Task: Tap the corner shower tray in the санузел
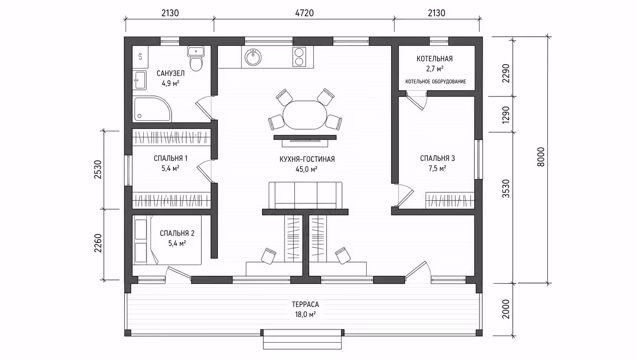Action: coord(153,109)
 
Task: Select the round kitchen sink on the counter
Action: coord(253,57)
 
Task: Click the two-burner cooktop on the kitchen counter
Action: coord(299,57)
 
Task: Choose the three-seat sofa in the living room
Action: coord(305,195)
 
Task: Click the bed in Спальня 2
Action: coord(167,240)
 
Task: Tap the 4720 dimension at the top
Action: coord(304,13)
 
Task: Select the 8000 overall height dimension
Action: coord(541,157)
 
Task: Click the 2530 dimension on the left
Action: coord(98,169)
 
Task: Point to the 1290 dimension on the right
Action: coord(506,115)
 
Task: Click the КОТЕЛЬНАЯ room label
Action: coord(434,59)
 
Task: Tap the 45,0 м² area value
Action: coord(307,169)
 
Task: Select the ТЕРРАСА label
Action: coord(305,305)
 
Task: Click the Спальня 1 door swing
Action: coord(205,171)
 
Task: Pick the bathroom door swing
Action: coord(204,107)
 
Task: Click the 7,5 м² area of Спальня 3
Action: coord(437,169)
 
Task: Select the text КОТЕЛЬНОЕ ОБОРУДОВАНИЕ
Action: coord(436,82)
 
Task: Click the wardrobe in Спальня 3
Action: coord(450,200)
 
